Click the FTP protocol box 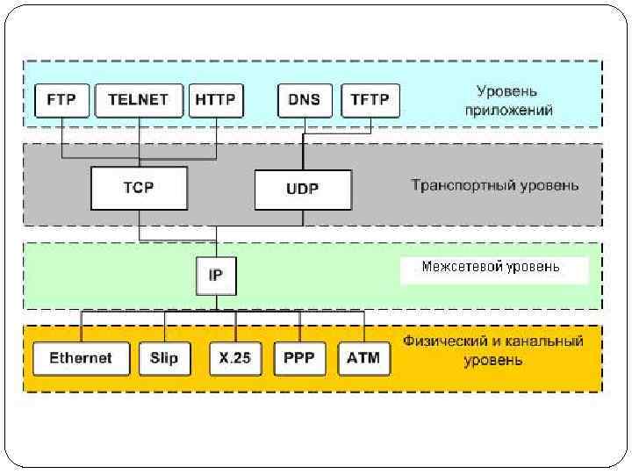61,100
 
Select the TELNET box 138,100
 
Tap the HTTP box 215,100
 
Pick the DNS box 304,100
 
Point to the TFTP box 370,100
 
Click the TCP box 139,187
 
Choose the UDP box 302,189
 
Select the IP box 215,275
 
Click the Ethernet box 81,358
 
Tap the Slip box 163,358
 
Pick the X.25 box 235,358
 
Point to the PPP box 299,358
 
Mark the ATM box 363,358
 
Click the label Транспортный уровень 495,185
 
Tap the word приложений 507,111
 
